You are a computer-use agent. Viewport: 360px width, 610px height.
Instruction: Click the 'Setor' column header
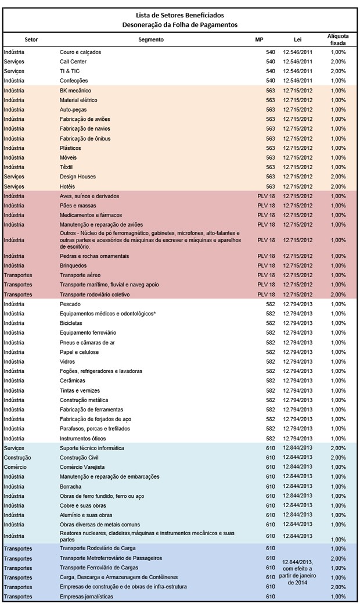coord(31,40)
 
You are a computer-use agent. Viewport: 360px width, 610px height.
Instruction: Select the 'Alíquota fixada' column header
coord(338,40)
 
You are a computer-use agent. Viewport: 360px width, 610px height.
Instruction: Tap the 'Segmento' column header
coord(151,40)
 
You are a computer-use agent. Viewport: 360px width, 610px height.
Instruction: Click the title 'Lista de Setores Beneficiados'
coord(180,16)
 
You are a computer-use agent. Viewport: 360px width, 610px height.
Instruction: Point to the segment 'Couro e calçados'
coord(80,52)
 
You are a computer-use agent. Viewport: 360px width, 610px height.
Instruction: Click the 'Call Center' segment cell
coord(73,62)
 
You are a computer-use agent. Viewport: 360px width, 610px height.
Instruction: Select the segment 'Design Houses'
coord(77,177)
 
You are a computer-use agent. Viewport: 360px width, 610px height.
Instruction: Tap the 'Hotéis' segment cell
coord(67,186)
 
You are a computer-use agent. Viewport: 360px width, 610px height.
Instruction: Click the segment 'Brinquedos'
coord(73,265)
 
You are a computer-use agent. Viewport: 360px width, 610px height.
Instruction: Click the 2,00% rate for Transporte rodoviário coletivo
coord(339,295)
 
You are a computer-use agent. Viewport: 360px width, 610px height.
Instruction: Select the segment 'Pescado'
coord(70,304)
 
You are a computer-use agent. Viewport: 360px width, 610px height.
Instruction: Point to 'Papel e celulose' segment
coord(79,352)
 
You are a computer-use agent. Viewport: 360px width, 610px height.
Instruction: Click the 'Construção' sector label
coord(17,458)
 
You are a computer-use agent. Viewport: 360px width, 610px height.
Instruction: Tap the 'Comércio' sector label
coord(15,467)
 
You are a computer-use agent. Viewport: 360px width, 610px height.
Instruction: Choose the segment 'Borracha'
coord(70,487)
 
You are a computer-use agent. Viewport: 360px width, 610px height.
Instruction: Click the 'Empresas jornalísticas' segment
coord(87,597)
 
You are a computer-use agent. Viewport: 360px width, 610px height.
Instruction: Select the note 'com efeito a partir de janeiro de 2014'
coord(297,575)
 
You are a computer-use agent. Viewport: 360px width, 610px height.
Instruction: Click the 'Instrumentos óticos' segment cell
coord(82,439)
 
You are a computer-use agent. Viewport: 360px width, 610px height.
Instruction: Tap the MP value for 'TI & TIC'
coord(271,71)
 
